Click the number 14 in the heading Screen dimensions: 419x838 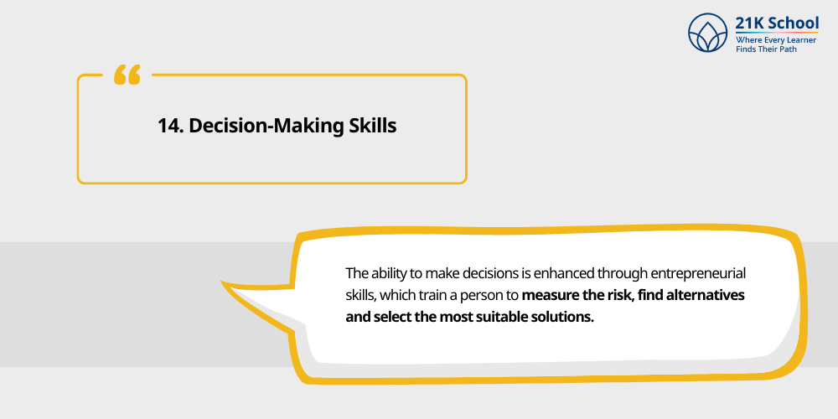click(x=169, y=126)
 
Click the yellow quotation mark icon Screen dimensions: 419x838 click(x=127, y=75)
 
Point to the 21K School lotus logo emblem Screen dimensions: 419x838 click(x=708, y=33)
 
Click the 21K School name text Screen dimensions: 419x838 click(x=777, y=23)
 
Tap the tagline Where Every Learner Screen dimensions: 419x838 click(x=776, y=39)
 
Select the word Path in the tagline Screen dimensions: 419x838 click(x=787, y=49)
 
